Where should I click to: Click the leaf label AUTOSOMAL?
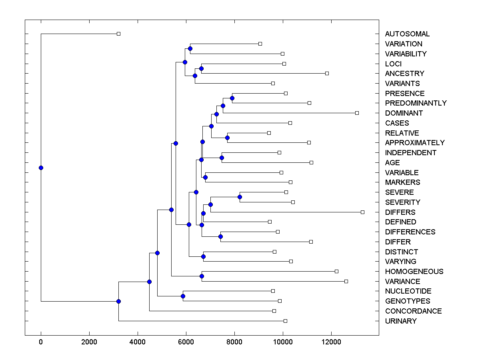pyautogui.click(x=407, y=34)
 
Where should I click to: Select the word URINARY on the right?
pyautogui.click(x=400, y=321)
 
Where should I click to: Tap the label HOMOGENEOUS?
pyautogui.click(x=414, y=272)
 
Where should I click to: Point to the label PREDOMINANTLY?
pyautogui.click(x=416, y=103)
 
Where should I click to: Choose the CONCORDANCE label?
pyautogui.click(x=413, y=311)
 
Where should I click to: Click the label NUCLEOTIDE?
pyautogui.click(x=408, y=291)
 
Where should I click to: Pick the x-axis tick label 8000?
pyautogui.click(x=234, y=343)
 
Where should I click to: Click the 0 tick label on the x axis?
pyautogui.click(x=41, y=343)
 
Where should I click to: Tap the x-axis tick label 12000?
pyautogui.click(x=331, y=343)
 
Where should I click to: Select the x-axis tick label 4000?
pyautogui.click(x=138, y=343)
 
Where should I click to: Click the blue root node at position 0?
pyautogui.click(x=41, y=168)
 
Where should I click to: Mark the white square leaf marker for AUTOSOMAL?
pyautogui.click(x=118, y=34)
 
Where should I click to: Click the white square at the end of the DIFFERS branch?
pyautogui.click(x=362, y=212)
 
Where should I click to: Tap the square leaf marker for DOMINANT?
pyautogui.click(x=357, y=113)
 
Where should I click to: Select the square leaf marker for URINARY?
pyautogui.click(x=285, y=321)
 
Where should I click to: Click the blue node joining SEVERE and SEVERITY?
pyautogui.click(x=240, y=197)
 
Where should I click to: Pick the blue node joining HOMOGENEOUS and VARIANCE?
pyautogui.click(x=202, y=276)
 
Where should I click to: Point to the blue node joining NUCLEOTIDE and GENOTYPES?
pyautogui.click(x=183, y=296)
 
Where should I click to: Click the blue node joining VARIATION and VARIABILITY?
pyautogui.click(x=190, y=48)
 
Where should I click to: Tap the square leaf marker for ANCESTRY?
pyautogui.click(x=327, y=73)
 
